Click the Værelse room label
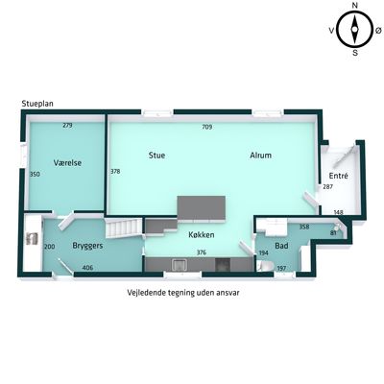(x=67, y=162)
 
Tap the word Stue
(x=156, y=156)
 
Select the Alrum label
(x=260, y=156)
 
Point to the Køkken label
(x=202, y=235)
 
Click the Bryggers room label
(x=87, y=246)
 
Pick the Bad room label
(x=281, y=246)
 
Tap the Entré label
(x=338, y=176)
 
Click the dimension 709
(x=207, y=127)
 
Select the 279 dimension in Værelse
(x=67, y=126)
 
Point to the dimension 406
(x=87, y=268)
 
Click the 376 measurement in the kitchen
(x=202, y=252)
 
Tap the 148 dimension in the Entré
(x=338, y=212)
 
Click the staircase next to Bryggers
(x=124, y=228)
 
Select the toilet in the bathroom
(x=264, y=266)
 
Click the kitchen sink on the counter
(x=180, y=265)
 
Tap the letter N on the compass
(x=354, y=5)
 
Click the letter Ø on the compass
(x=378, y=31)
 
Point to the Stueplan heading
(x=37, y=104)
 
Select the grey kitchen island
(x=202, y=208)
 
